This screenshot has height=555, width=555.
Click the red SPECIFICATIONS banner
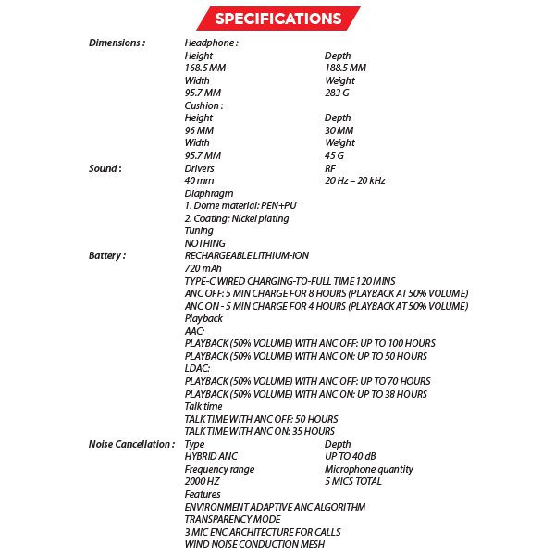tap(277, 18)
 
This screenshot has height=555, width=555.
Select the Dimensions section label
tap(117, 43)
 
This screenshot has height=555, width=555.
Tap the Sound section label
tap(105, 168)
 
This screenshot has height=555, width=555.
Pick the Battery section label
tap(107, 255)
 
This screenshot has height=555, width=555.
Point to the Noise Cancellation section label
tap(131, 444)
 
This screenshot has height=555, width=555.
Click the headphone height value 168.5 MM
tap(205, 68)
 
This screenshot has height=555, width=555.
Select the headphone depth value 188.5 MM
tap(345, 68)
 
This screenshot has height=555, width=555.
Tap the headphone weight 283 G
tap(338, 93)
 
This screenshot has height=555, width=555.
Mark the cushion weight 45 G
tap(335, 155)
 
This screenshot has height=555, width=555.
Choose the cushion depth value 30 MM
tap(339, 130)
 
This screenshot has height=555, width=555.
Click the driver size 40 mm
tap(199, 181)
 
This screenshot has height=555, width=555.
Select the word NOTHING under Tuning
tap(205, 243)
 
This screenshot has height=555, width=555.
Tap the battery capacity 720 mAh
tap(203, 268)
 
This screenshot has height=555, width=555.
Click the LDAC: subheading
tap(198, 368)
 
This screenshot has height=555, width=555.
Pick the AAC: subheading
tap(195, 330)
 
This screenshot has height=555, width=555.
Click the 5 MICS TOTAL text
tap(353, 482)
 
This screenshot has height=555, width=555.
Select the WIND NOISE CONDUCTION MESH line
tap(254, 544)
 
